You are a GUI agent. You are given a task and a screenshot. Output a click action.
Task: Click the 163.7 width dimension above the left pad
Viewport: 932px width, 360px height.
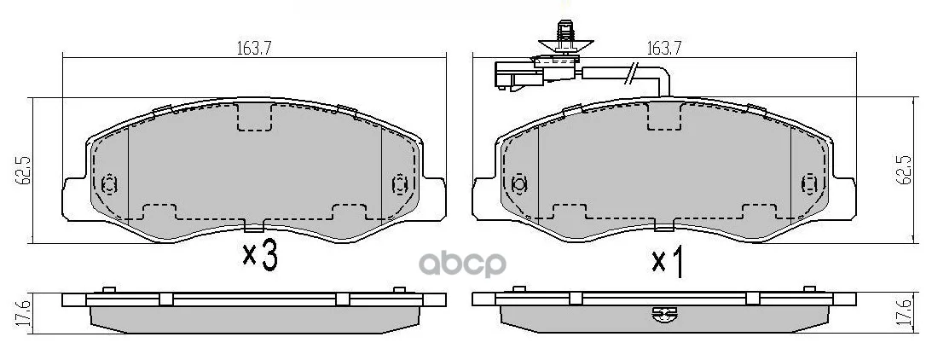(250, 49)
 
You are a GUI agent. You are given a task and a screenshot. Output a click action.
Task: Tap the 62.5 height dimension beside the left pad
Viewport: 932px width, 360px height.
(25, 170)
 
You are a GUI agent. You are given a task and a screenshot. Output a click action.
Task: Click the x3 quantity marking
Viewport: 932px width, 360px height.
(260, 256)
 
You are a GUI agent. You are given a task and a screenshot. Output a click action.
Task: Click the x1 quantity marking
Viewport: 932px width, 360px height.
(667, 262)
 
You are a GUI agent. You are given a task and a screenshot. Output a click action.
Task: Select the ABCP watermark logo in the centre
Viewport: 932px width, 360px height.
(462, 264)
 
